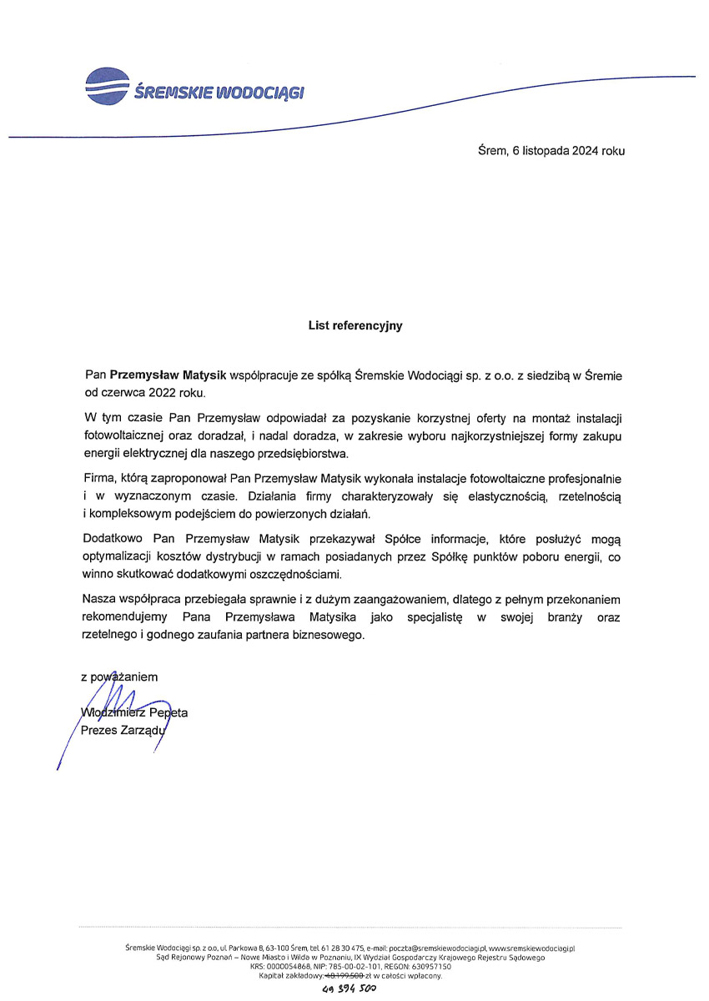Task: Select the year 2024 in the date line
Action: (x=586, y=151)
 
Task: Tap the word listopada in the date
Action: (x=541, y=151)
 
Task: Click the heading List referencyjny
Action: (x=354, y=325)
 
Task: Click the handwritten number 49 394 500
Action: (x=350, y=989)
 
